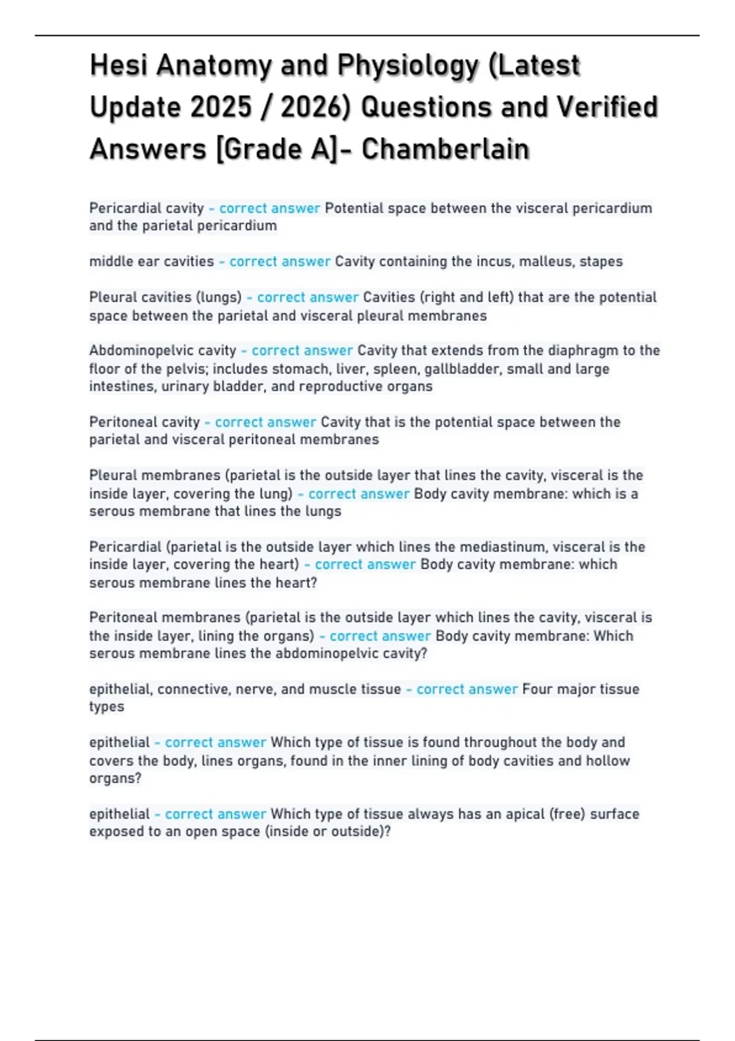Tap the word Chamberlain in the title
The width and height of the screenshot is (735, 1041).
[x=445, y=149]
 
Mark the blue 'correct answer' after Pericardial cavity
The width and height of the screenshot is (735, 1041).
[x=269, y=208]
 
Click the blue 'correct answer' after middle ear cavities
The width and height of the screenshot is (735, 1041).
[x=280, y=261]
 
